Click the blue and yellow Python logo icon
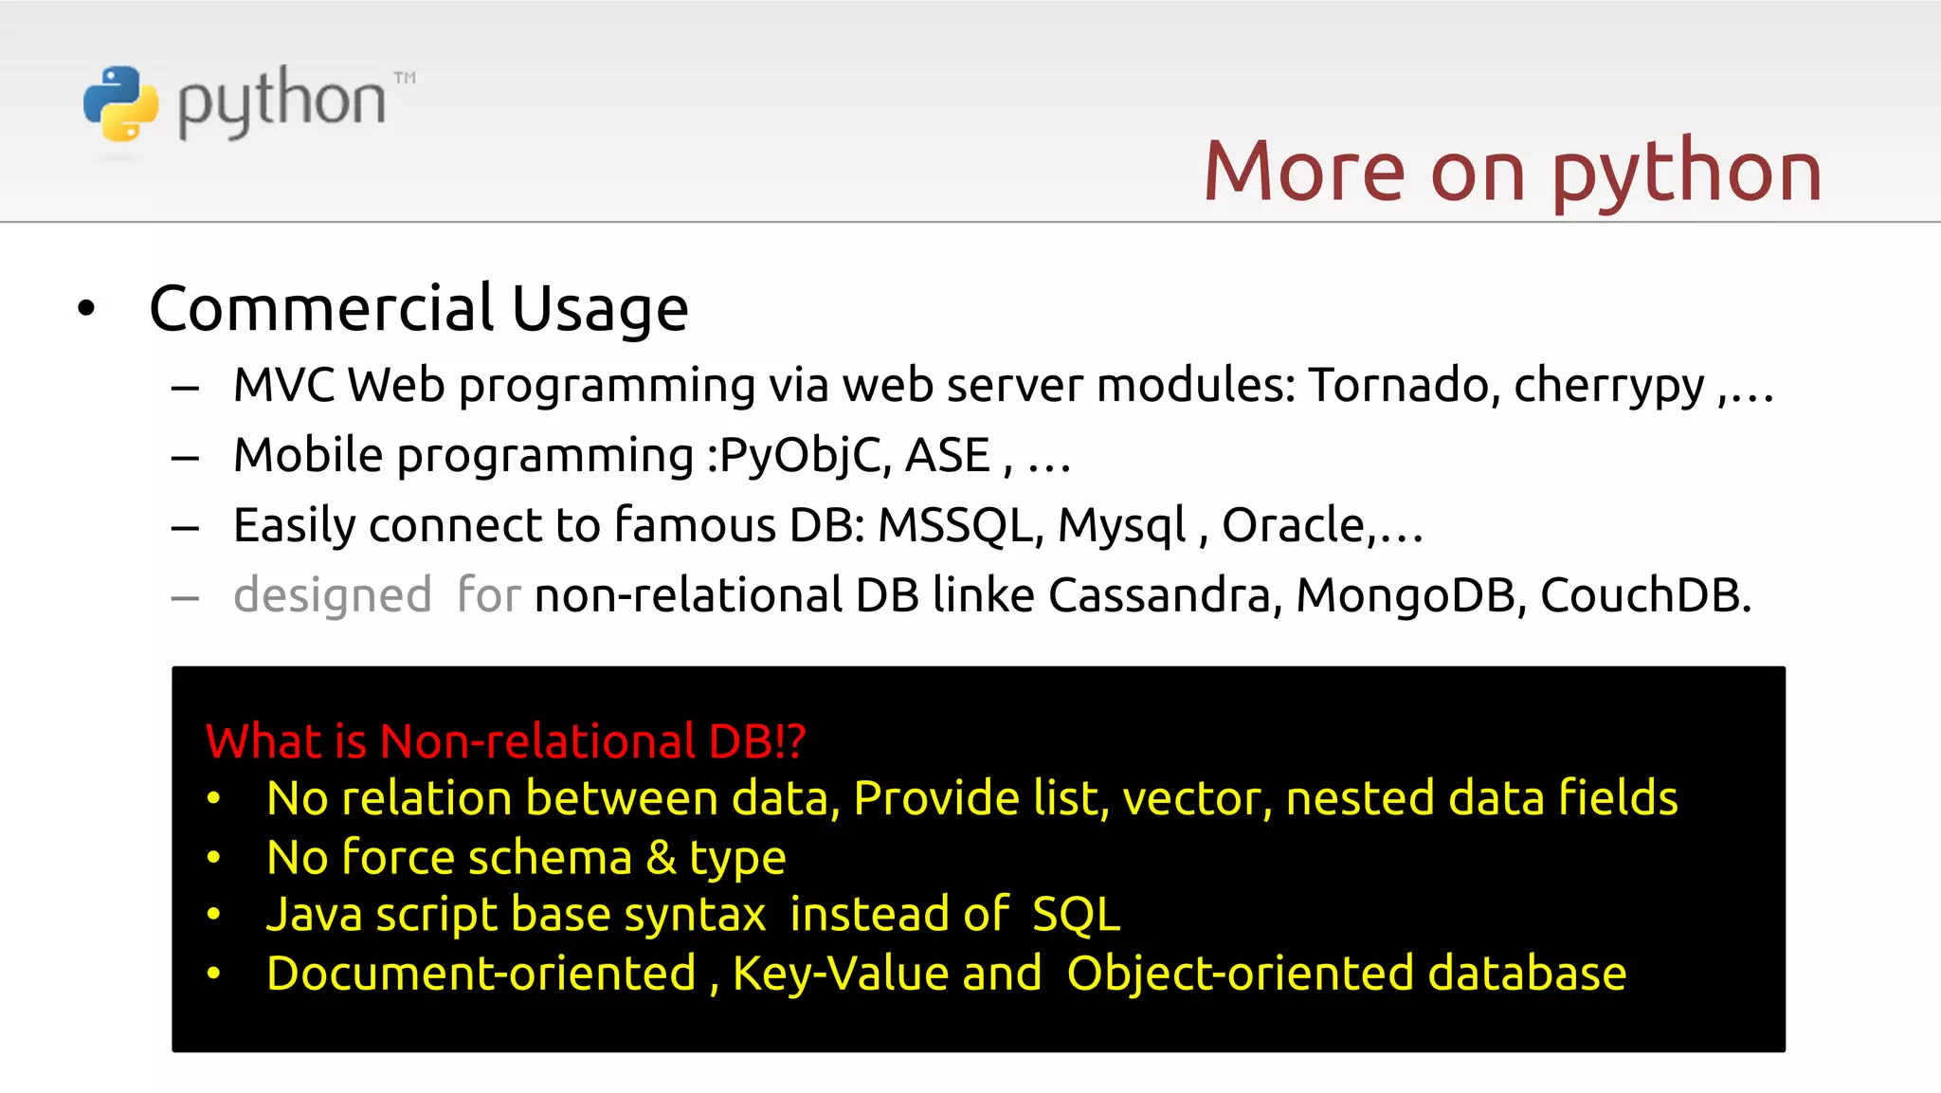pos(120,103)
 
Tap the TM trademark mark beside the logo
pos(405,78)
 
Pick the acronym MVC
pos(283,386)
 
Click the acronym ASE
pos(947,456)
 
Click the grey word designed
pos(333,596)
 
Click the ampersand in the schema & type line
pos(661,858)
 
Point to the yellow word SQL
pos(1076,916)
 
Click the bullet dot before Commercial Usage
pos(86,308)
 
